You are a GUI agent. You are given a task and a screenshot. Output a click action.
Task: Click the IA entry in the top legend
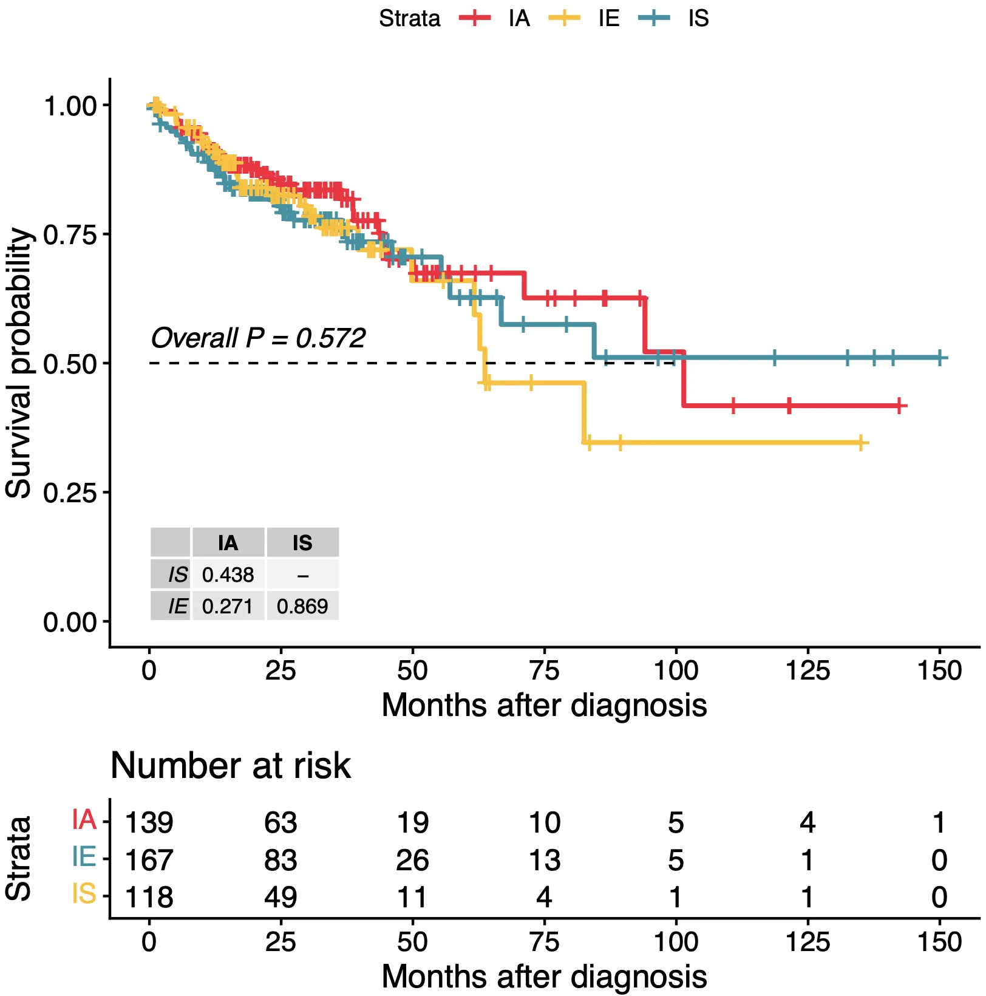tap(519, 18)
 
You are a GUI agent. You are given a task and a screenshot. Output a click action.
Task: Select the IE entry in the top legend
tap(608, 18)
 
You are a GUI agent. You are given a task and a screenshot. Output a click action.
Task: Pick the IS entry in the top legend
tap(698, 18)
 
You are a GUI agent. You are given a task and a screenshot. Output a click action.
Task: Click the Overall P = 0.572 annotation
tap(258, 338)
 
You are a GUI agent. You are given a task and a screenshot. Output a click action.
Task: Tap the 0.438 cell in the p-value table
tap(228, 575)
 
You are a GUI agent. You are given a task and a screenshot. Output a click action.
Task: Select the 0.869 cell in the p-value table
tap(302, 606)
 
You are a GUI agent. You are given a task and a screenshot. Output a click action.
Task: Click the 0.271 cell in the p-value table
tap(228, 606)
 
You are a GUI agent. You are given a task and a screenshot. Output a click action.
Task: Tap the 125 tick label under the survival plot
tap(807, 671)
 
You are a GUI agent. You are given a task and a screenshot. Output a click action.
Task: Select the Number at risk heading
tap(231, 765)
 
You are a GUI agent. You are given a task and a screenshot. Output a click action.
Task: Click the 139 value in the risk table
tap(149, 823)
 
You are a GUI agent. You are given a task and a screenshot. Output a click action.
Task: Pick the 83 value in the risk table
tap(280, 860)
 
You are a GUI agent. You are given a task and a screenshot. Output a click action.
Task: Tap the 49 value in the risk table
tap(280, 897)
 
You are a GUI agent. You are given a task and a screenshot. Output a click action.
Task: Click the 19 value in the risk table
tap(412, 823)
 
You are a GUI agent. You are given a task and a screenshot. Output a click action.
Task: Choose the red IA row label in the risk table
tap(84, 820)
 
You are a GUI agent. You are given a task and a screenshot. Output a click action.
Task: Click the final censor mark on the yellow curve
tap(861, 443)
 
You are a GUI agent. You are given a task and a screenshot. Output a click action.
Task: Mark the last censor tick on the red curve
tap(899, 406)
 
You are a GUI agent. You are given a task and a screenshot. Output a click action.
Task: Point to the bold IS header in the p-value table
tap(302, 543)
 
